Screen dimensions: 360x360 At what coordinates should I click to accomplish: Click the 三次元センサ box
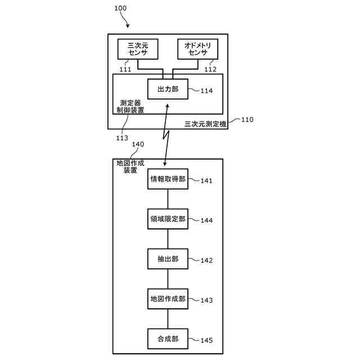point(138,49)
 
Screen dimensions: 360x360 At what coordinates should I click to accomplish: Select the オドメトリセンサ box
point(197,49)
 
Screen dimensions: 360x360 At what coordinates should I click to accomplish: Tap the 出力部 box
point(168,89)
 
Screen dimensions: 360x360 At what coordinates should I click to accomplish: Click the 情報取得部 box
point(168,179)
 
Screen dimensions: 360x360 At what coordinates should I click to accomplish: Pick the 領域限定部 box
point(168,219)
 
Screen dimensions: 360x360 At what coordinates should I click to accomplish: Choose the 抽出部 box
point(168,259)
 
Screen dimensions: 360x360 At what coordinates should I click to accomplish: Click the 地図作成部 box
point(168,299)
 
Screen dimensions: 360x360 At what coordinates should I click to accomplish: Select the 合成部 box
point(168,339)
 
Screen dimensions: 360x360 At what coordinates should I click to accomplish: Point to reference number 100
point(120,8)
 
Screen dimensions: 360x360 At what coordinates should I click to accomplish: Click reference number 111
point(125,69)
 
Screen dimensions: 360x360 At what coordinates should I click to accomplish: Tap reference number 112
point(210,69)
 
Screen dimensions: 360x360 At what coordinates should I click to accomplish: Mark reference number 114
point(206,91)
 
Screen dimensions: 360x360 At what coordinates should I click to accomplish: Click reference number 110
point(247,120)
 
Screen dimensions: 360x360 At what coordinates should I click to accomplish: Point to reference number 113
point(122,138)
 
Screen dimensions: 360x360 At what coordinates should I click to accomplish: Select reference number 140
point(138,145)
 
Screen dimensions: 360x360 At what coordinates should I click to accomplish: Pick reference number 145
point(206,340)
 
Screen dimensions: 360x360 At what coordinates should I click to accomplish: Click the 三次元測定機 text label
point(205,124)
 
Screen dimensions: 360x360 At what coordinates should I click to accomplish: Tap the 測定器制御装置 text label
point(130,106)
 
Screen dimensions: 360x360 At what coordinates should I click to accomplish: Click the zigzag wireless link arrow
point(166,135)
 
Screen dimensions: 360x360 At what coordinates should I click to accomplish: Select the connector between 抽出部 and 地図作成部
point(168,279)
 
